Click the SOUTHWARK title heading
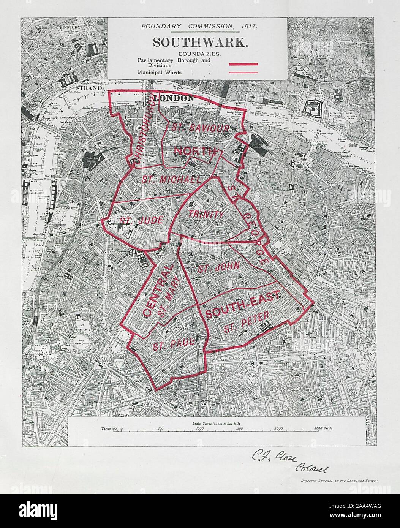(201, 42)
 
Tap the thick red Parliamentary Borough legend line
(243, 64)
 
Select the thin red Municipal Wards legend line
(243, 71)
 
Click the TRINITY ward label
(206, 214)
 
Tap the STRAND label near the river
(91, 88)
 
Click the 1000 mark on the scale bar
(200, 428)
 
